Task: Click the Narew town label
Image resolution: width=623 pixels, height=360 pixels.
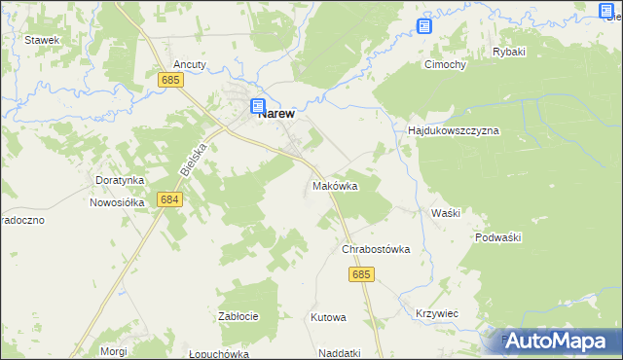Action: [x=277, y=113]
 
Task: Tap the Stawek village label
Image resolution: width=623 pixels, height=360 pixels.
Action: [x=43, y=40]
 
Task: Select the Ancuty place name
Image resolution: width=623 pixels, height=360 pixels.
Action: [x=190, y=64]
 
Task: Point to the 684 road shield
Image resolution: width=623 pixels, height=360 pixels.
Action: [x=169, y=199]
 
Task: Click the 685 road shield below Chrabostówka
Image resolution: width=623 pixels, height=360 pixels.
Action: [x=360, y=276]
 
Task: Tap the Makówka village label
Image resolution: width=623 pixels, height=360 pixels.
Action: [x=335, y=185]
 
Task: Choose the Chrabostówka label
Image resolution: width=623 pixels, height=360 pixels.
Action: [x=376, y=249]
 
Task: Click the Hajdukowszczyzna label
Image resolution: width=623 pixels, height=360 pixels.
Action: [x=453, y=129]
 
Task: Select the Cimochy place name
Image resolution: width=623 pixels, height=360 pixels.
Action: [x=444, y=65]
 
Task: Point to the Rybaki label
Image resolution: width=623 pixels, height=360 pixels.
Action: [x=509, y=52]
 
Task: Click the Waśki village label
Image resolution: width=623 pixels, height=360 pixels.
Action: [x=445, y=212]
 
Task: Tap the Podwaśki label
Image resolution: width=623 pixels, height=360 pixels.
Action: [x=500, y=237]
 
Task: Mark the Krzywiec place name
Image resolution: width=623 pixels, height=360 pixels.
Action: [x=436, y=313]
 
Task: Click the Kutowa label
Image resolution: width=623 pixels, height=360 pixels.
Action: [x=328, y=317]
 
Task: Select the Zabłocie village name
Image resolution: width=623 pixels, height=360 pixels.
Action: [x=238, y=316]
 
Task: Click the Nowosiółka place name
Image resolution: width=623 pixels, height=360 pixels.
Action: [x=117, y=202]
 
